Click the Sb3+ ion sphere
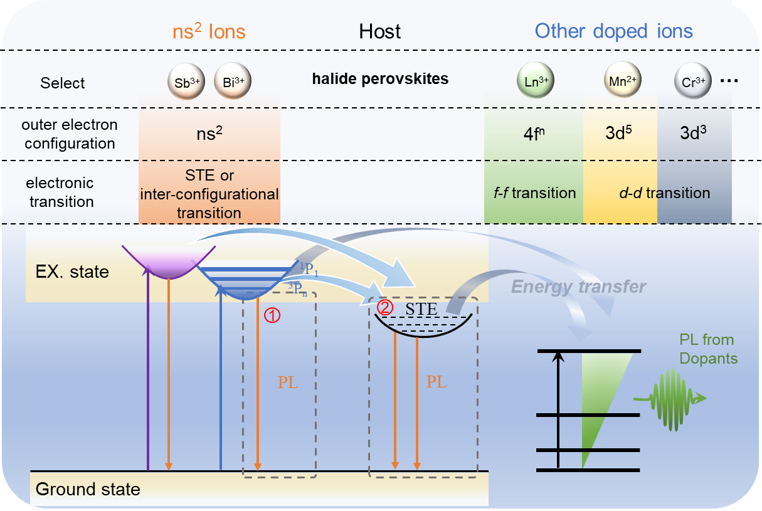coord(183,83)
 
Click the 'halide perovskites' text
coord(380,80)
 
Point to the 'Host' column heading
coord(379,31)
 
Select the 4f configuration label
coord(533,133)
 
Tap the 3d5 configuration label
coord(618,133)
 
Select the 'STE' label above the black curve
coord(421,309)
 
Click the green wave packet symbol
coord(670,399)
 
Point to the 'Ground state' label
coord(88,489)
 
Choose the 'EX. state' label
coord(71,272)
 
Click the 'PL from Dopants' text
coord(708,350)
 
